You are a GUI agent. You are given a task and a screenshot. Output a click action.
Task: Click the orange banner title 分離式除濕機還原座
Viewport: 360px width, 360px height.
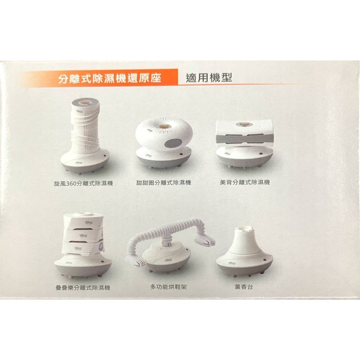(109, 78)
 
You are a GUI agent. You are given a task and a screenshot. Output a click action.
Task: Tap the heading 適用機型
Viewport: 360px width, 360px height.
(209, 78)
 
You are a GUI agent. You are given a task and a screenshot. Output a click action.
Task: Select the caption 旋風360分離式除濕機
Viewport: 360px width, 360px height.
(84, 183)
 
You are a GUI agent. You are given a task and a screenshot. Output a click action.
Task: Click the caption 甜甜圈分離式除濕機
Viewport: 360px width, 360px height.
(163, 183)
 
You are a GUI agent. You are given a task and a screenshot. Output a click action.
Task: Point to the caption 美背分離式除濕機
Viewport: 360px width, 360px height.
(245, 182)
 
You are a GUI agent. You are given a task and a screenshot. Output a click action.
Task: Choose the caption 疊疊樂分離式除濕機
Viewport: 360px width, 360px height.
(83, 288)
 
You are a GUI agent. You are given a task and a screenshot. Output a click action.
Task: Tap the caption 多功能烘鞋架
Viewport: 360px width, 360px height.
(168, 287)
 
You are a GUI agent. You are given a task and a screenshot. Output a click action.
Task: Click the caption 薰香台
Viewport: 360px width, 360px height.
(243, 287)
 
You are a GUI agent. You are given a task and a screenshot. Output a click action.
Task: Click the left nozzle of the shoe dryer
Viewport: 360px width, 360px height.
(135, 261)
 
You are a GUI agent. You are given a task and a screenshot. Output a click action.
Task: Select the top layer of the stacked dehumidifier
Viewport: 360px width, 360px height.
(83, 221)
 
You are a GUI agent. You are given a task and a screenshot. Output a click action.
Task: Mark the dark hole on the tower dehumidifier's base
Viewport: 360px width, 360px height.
(105, 155)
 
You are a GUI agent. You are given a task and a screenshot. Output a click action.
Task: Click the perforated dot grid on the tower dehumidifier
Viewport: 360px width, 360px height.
(92, 131)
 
